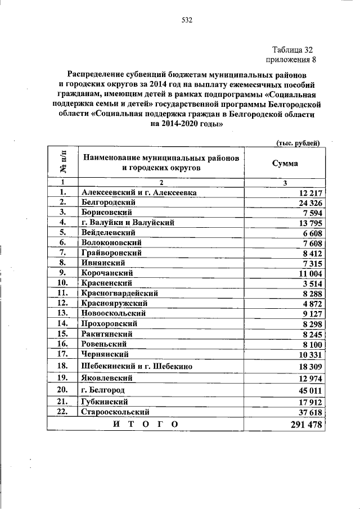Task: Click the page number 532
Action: (x=187, y=21)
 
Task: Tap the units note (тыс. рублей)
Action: (x=298, y=143)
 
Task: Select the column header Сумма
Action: (x=285, y=163)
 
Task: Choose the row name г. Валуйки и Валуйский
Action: (x=128, y=223)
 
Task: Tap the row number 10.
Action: (x=63, y=283)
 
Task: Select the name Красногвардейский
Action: (x=119, y=293)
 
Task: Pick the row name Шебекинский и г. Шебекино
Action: (x=137, y=366)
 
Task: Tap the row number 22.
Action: (x=63, y=412)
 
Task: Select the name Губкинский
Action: (x=104, y=402)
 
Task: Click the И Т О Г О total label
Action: (x=145, y=425)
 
